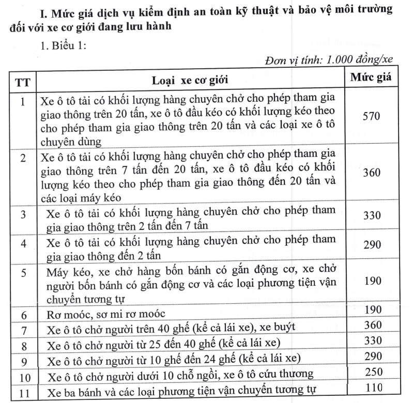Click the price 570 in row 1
pos(371,116)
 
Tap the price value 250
pos(371,372)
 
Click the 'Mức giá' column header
pos(371,79)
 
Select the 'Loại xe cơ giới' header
pos(189,81)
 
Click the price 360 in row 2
pos(371,173)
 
